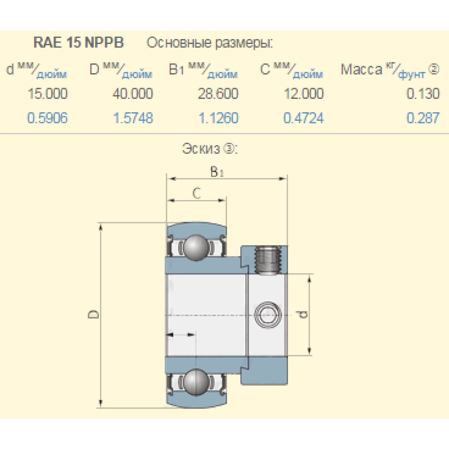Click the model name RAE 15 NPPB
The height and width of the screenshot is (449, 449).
pos(79,43)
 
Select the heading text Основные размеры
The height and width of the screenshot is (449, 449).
pos(210,43)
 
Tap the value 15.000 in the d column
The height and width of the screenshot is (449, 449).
pos(48,94)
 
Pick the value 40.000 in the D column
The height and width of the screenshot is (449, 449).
pos(132,94)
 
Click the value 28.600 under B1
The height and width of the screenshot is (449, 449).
pos(218,94)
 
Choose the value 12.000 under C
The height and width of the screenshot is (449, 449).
pos(303,94)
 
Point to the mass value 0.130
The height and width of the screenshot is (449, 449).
pos(423,94)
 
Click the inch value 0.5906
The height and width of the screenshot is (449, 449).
pos(48,118)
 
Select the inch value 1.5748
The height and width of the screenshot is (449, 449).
pos(132,118)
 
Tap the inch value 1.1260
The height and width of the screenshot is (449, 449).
pos(218,118)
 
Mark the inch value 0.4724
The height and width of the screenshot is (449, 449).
pos(303,118)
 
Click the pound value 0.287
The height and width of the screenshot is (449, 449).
pos(423,118)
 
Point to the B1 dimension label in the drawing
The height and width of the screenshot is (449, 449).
pos(217,172)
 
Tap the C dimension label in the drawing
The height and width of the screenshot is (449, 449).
pos(196,193)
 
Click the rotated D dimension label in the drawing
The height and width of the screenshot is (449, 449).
pos(93,314)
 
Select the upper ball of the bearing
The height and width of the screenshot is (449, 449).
pos(196,247)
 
